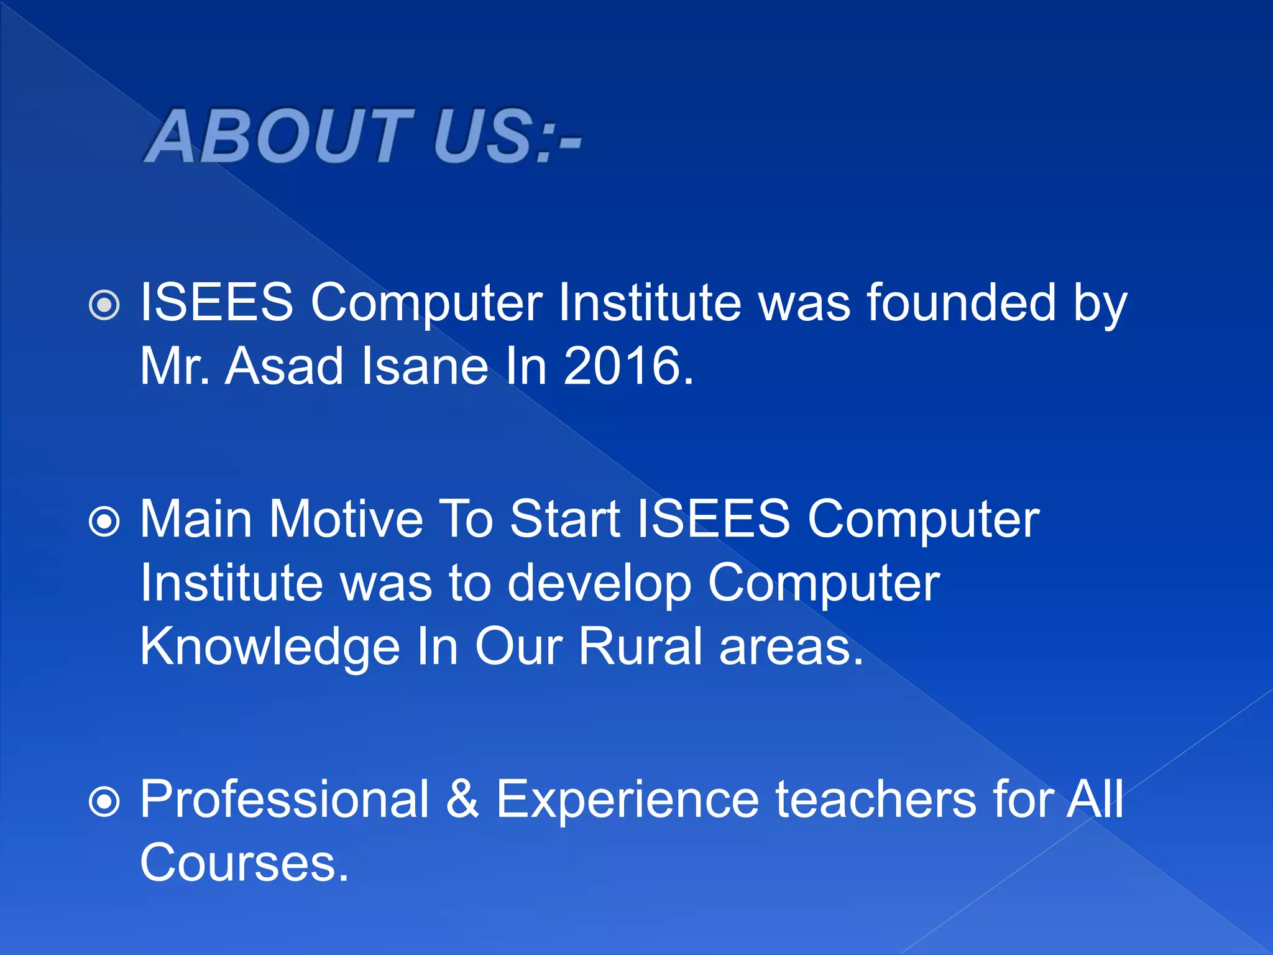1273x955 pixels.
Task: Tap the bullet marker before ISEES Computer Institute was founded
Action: (x=104, y=305)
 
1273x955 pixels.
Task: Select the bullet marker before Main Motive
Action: (x=104, y=521)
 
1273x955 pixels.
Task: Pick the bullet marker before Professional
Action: (x=104, y=802)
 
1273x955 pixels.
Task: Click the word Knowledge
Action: (x=269, y=648)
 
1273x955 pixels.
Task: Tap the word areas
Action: (x=791, y=648)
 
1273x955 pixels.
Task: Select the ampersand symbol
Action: (x=462, y=800)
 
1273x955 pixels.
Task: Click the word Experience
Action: (x=627, y=801)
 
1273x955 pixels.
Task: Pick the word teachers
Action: (x=876, y=800)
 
